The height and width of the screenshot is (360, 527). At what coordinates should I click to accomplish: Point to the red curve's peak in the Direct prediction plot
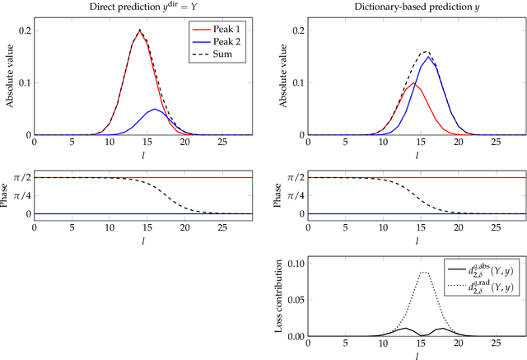coord(139,30)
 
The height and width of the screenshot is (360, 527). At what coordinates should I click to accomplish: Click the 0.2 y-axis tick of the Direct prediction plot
coord(22,30)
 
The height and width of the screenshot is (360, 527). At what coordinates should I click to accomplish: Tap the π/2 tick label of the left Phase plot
coord(18,177)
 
